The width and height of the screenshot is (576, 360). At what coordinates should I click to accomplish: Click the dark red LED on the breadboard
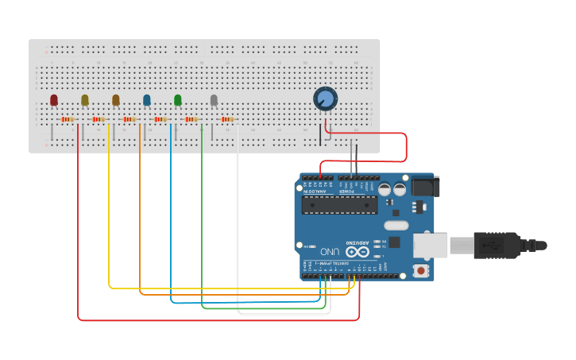(54, 100)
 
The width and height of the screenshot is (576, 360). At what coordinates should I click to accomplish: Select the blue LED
(147, 100)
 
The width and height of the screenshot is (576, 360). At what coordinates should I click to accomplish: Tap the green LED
(178, 100)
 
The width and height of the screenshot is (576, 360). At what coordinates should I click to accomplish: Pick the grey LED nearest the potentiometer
(214, 100)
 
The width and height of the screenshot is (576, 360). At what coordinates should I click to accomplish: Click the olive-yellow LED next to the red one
(85, 100)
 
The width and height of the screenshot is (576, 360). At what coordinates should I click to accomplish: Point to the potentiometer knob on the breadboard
(325, 99)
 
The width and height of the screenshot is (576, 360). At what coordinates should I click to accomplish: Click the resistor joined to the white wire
(226, 120)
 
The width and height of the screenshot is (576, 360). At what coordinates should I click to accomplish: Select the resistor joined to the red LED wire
(68, 120)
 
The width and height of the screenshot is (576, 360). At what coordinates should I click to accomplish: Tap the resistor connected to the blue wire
(160, 120)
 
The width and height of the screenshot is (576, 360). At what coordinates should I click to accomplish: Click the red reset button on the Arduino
(420, 271)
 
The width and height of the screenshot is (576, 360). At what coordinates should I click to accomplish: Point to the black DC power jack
(424, 188)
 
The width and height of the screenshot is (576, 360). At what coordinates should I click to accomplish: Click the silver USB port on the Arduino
(430, 245)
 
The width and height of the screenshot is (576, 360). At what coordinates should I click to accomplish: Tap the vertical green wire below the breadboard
(202, 223)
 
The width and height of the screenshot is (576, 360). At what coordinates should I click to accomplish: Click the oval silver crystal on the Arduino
(396, 226)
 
